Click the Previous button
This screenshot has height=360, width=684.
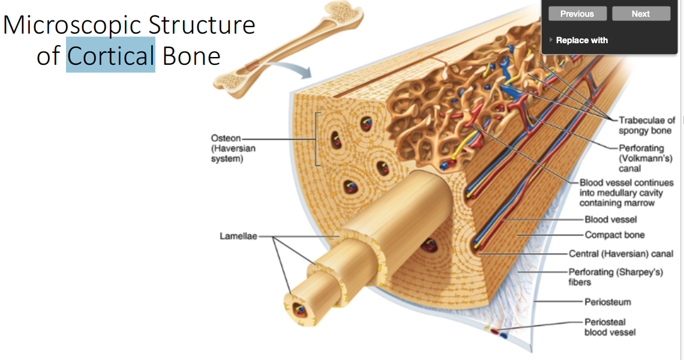point(577,14)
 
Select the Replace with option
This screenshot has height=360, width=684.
point(581,40)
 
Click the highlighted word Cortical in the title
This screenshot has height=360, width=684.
point(110,56)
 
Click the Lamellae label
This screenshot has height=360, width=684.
point(238,236)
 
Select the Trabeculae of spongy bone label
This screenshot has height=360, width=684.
point(646,125)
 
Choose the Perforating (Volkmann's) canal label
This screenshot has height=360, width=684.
point(641,158)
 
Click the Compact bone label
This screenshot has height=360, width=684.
point(614,235)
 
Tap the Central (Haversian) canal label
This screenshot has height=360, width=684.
point(620,254)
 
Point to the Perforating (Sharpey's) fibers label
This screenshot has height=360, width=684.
point(616,277)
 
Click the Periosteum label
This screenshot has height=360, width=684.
point(608,302)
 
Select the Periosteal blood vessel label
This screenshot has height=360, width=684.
point(610,327)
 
